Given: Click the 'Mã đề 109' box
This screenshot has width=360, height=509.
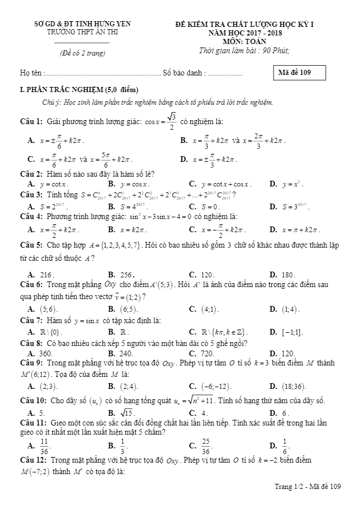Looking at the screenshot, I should click(x=298, y=73).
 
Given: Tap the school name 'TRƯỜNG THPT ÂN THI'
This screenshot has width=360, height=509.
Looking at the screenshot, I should click(x=82, y=32).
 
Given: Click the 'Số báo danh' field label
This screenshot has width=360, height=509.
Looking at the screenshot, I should click(x=184, y=73).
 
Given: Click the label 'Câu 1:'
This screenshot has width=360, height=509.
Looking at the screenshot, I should click(x=31, y=121).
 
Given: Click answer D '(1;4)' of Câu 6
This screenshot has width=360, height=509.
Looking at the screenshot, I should click(x=290, y=309).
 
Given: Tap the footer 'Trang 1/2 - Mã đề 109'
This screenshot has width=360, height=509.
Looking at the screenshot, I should click(x=307, y=486).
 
